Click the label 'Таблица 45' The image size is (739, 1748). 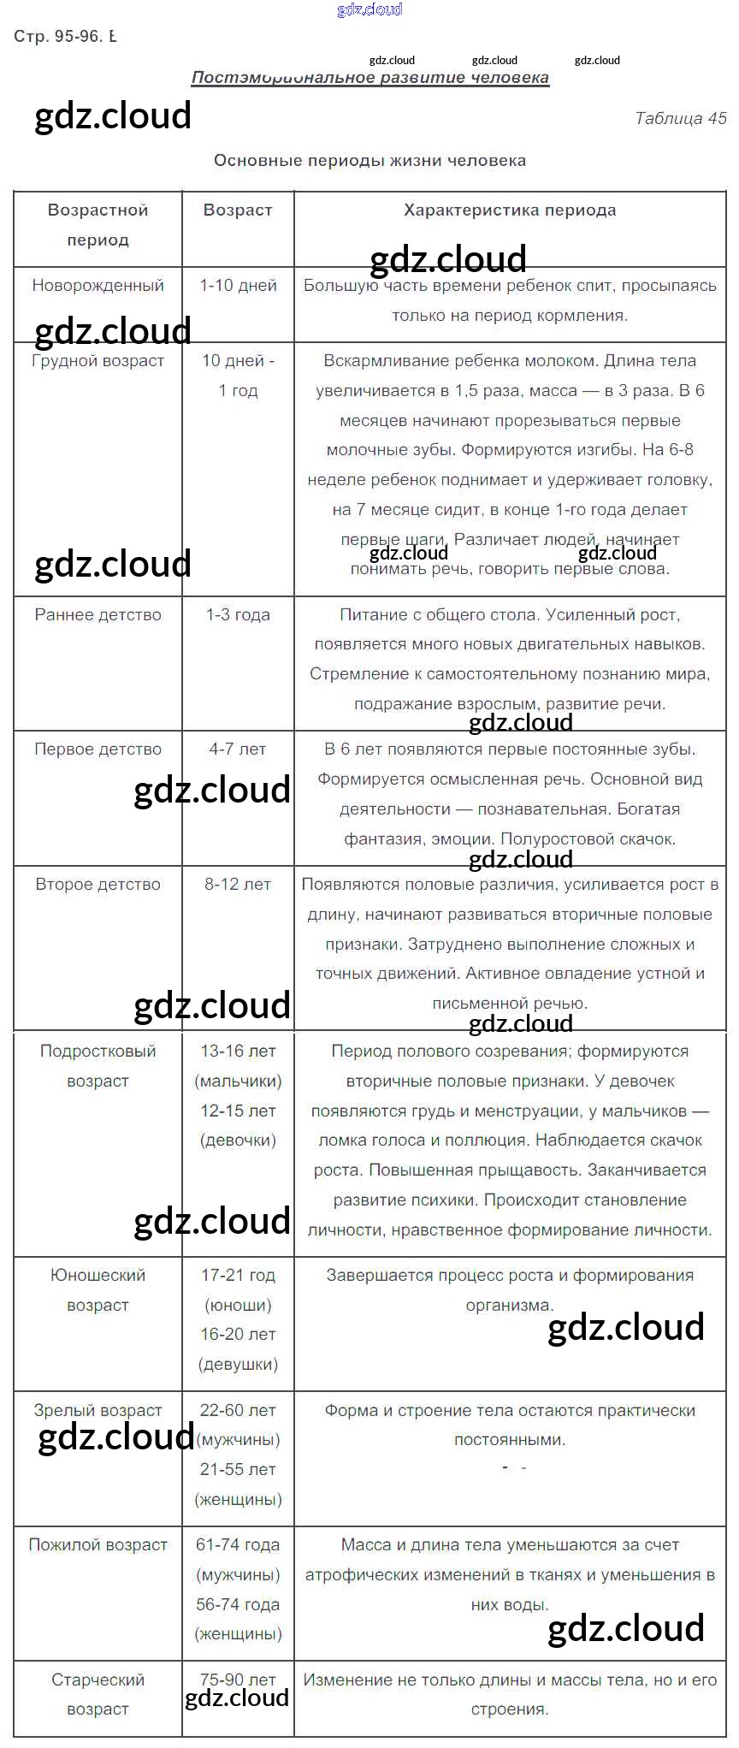680,119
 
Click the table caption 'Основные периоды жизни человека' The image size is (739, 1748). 369,161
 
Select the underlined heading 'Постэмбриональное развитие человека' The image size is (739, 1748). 369,78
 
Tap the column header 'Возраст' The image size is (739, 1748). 238,210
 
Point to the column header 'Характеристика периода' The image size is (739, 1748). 510,210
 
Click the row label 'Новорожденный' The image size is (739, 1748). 98,286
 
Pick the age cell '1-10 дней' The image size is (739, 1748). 238,286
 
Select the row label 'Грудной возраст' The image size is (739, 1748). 98,361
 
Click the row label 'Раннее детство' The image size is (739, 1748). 98,615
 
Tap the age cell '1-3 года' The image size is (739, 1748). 238,615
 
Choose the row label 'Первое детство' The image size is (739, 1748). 98,750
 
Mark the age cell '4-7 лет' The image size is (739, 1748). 238,750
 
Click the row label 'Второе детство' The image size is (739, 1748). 98,885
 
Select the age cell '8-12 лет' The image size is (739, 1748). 238,885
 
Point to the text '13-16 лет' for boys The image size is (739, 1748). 238,1052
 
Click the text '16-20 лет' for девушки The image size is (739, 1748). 238,1335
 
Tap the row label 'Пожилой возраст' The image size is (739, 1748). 98,1545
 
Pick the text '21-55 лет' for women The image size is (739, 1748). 238,1470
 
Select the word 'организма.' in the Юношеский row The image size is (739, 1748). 509,1306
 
